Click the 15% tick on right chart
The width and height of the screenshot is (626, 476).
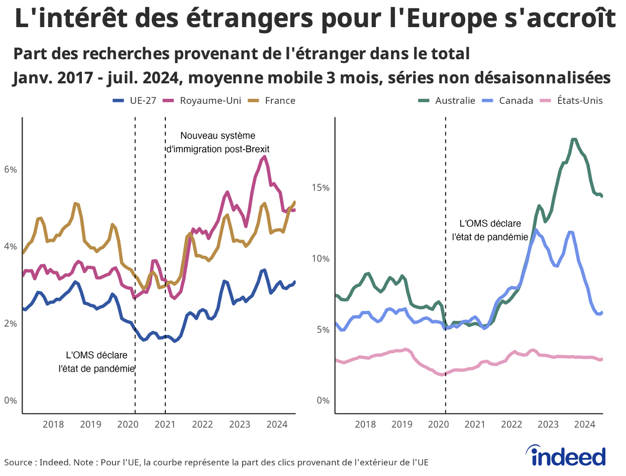pyautogui.click(x=320, y=187)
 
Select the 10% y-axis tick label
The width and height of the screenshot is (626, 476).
pyautogui.click(x=320, y=259)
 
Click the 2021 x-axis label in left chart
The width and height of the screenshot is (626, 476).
pyautogui.click(x=165, y=424)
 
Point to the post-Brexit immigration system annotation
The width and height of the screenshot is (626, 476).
pyautogui.click(x=218, y=142)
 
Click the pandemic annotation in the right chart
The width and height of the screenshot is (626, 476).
pyautogui.click(x=490, y=230)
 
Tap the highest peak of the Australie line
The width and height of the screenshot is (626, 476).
pyautogui.click(x=574, y=140)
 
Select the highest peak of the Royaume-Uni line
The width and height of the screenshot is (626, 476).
pyautogui.click(x=264, y=157)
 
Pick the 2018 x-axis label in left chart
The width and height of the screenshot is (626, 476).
pyautogui.click(x=53, y=424)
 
